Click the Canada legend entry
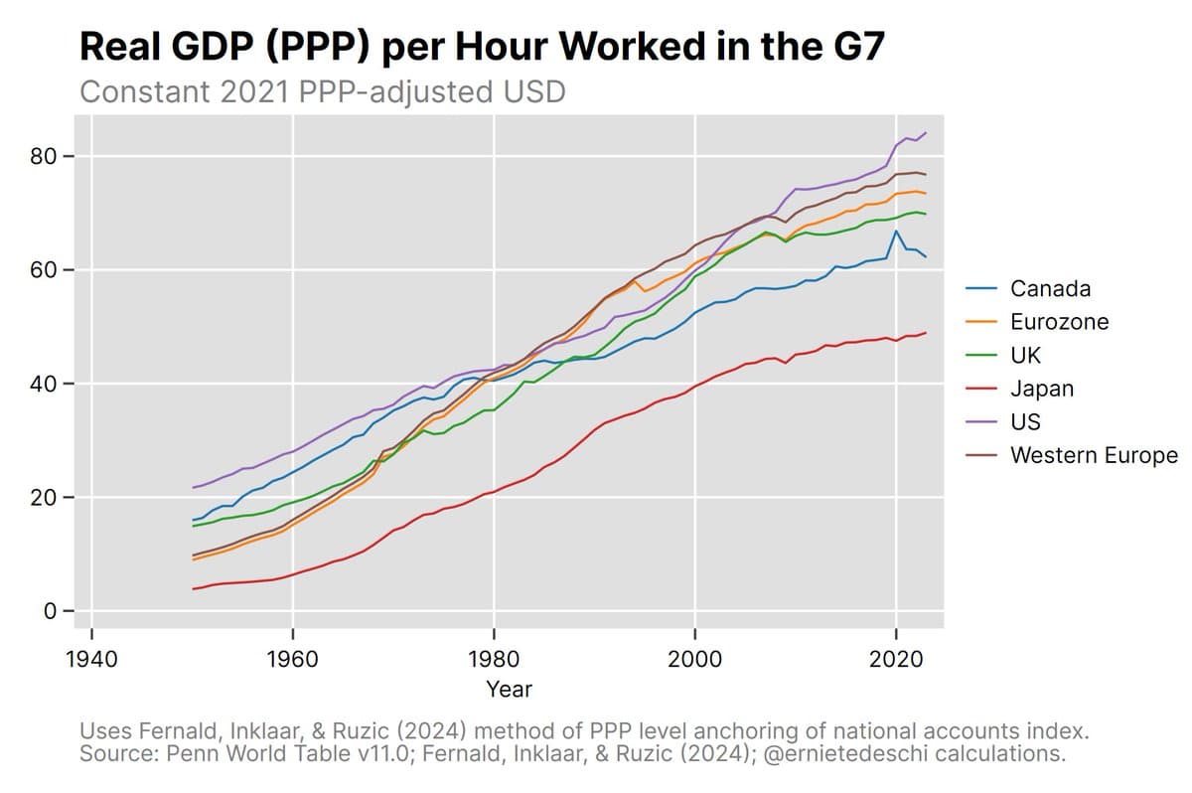click(1050, 289)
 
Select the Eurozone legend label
click(1059, 322)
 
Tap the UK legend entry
click(1025, 355)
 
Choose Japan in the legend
click(1041, 389)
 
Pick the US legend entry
click(1025, 421)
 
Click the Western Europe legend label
click(1093, 455)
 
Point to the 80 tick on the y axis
click(50, 157)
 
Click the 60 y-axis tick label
click(50, 270)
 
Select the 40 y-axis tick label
click(50, 384)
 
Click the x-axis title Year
click(509, 689)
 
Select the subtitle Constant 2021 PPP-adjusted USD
click(322, 92)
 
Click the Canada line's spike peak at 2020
click(896, 232)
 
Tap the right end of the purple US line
click(926, 133)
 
